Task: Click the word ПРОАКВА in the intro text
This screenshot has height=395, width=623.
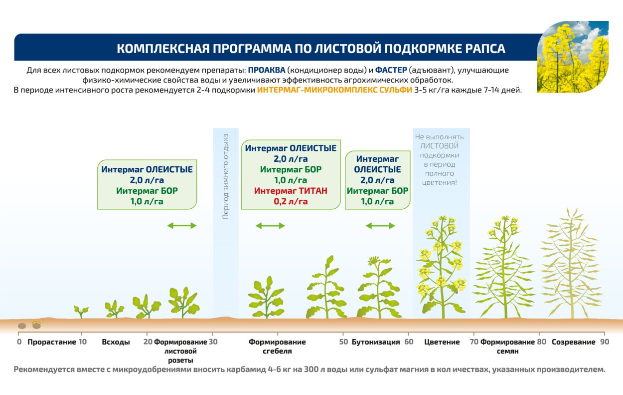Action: point(266,70)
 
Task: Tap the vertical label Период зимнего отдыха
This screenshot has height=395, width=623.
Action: point(225,176)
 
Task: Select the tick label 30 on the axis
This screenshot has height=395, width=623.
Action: point(213,342)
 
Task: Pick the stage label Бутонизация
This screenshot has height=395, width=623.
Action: point(376,342)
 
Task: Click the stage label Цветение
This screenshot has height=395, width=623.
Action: point(442,342)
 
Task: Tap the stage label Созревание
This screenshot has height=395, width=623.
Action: point(573,342)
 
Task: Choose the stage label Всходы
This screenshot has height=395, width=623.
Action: point(116,342)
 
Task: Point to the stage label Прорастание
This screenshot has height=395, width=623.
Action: point(52,342)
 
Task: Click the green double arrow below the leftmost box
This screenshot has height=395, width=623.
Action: point(182,226)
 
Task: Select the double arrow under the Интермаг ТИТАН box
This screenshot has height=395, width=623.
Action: point(270,226)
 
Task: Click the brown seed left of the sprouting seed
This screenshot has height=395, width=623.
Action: point(22,326)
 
